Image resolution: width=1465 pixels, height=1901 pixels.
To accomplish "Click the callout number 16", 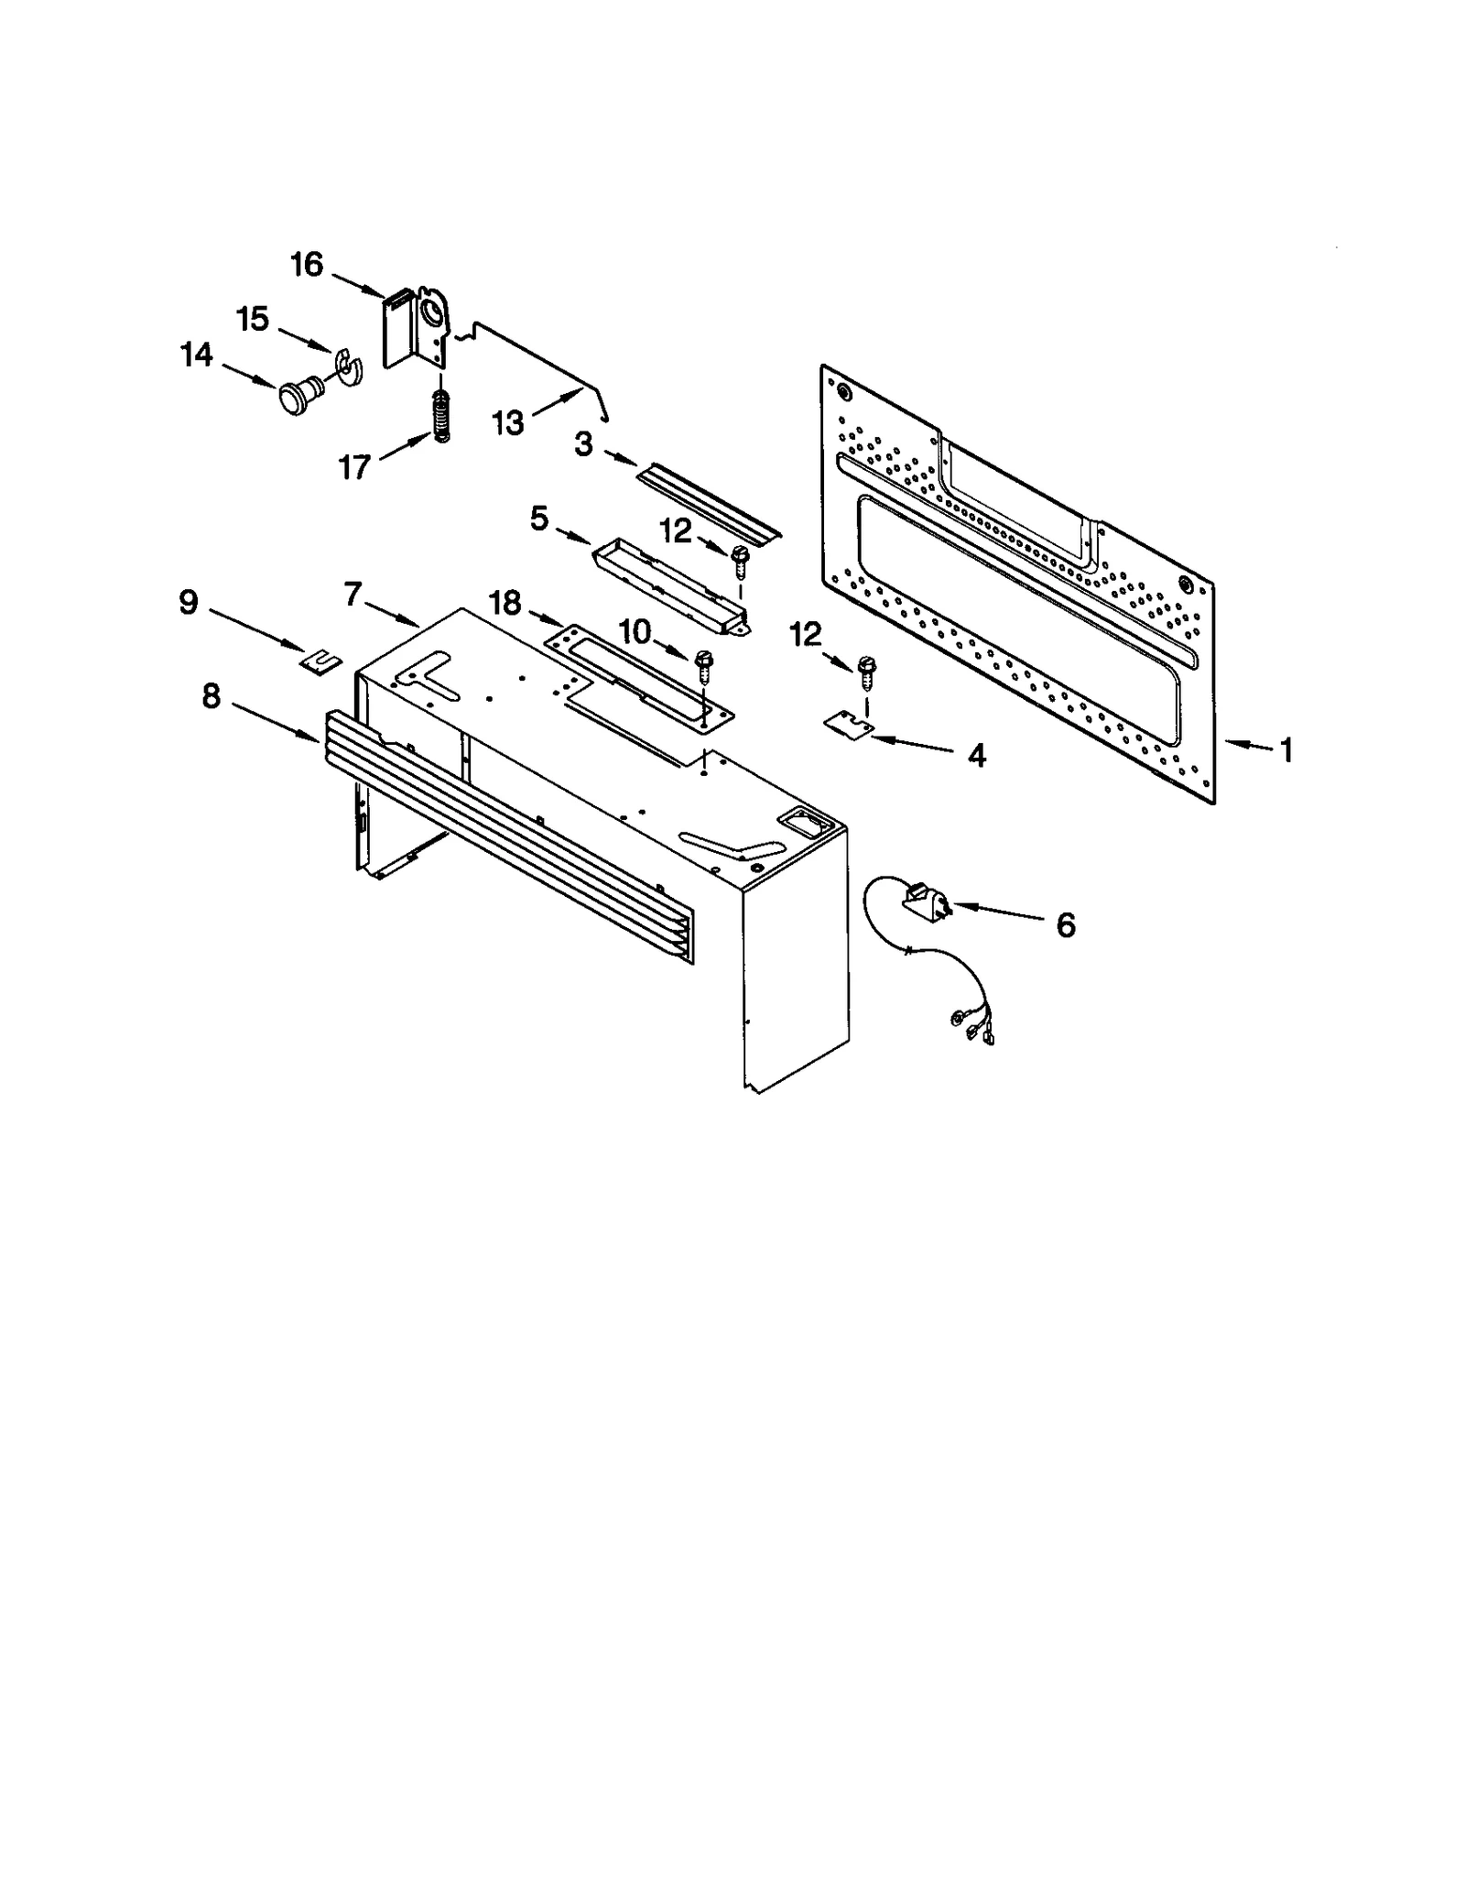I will [307, 265].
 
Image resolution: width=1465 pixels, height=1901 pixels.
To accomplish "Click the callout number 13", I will [508, 423].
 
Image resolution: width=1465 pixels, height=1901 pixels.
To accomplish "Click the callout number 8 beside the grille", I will [212, 697].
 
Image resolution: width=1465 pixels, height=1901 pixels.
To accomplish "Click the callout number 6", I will [1065, 925].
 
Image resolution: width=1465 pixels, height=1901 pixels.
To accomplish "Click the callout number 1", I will [1286, 751].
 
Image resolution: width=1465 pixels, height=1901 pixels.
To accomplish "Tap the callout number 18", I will [505, 603].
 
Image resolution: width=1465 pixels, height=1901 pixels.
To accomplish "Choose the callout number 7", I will [354, 595].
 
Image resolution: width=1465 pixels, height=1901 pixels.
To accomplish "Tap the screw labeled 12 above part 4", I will [864, 672].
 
